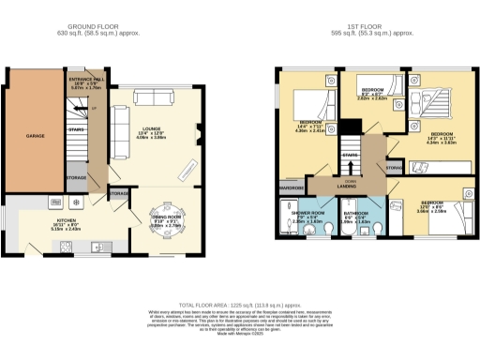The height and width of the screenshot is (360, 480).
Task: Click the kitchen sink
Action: click(x=67, y=247)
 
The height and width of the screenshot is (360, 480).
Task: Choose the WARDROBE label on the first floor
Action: click(x=289, y=187)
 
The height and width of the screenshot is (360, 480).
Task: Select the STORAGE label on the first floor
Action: click(x=394, y=169)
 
